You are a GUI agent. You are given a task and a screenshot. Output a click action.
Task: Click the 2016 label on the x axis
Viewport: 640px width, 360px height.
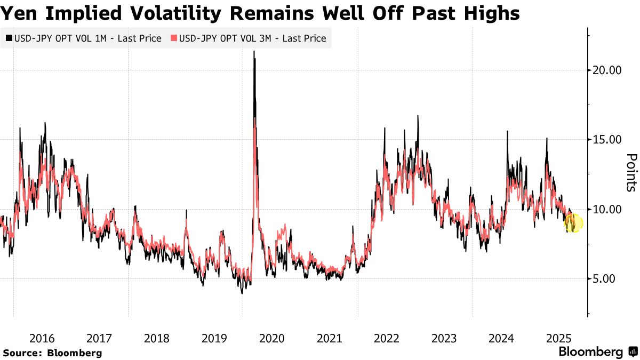pos(42,338)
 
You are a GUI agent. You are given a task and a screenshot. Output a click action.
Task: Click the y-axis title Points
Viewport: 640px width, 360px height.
pos(631,173)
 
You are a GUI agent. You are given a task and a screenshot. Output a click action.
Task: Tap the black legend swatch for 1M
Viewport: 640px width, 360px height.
pos(9,38)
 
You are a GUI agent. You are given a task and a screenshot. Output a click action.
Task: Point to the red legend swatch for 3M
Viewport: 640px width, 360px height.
pos(174,38)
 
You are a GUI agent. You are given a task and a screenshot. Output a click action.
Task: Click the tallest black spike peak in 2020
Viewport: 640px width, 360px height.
pos(254,52)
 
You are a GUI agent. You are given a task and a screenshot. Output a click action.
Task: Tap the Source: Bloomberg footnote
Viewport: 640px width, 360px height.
pos(52,353)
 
